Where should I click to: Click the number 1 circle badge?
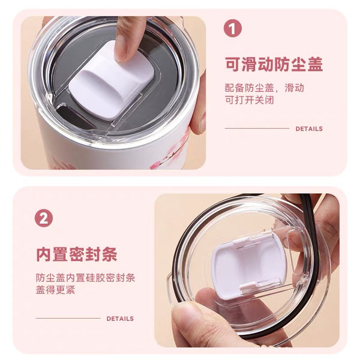click(233, 28)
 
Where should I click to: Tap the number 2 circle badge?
click(44, 218)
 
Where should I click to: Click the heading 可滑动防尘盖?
click(274, 64)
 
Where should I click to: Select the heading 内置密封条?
click(77, 254)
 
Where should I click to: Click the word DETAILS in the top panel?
click(309, 129)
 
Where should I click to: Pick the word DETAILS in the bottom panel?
click(120, 319)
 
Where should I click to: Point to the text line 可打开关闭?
click(250, 100)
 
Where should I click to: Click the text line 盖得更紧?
click(56, 290)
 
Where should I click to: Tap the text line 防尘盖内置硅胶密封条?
click(85, 278)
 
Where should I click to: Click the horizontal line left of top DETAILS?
click(257, 128)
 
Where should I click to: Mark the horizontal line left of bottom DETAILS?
click(68, 319)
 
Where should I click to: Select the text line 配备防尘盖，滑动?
click(265, 88)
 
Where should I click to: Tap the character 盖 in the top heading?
click(316, 64)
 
